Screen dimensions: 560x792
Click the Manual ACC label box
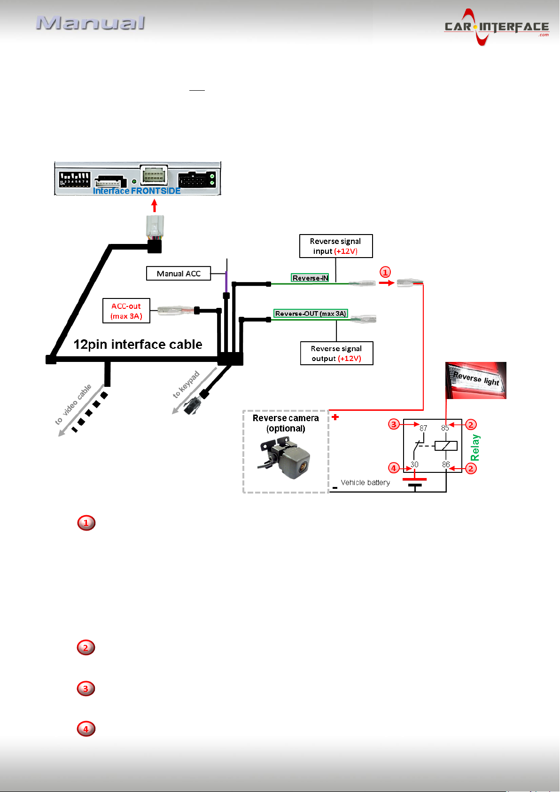(179, 273)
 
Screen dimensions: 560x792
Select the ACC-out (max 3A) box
(126, 311)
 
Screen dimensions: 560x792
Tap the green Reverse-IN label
(310, 278)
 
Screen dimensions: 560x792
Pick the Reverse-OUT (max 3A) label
(311, 313)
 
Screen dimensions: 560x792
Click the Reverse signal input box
(335, 246)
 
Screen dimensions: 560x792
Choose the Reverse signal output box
(336, 353)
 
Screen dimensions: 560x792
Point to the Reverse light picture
(475, 380)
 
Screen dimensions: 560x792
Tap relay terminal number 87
(423, 429)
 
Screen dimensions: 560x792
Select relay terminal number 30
(414, 464)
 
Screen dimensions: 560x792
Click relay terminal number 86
(446, 464)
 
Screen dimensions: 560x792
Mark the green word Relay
(475, 447)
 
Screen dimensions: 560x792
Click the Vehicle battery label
(366, 483)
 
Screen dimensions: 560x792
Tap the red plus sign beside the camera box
(335, 417)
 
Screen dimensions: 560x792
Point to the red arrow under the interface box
(154, 205)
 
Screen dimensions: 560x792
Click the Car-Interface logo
(497, 27)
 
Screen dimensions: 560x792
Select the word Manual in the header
(91, 23)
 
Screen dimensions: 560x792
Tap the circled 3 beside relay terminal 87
(394, 424)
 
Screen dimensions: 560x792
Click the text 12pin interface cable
(138, 345)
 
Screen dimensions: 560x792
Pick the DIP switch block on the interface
(74, 179)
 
